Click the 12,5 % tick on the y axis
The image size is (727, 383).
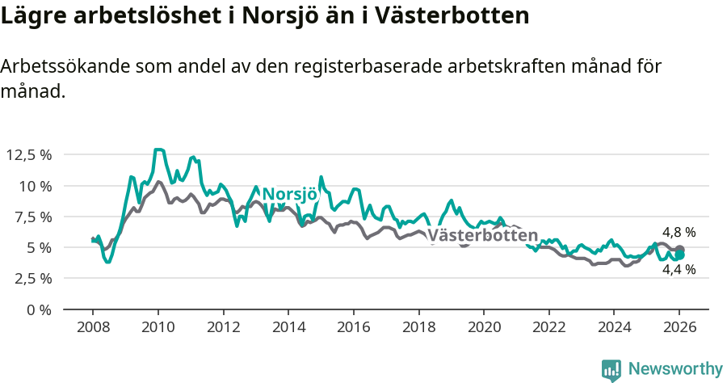pyautogui.click(x=28, y=154)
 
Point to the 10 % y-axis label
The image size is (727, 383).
pyautogui.click(x=34, y=186)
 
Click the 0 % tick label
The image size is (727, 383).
pyautogui.click(x=40, y=309)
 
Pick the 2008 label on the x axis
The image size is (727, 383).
pyautogui.click(x=92, y=328)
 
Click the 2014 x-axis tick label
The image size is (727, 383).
pyautogui.click(x=288, y=328)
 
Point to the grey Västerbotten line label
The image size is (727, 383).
pyautogui.click(x=482, y=236)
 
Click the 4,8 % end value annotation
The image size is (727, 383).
pyautogui.click(x=679, y=233)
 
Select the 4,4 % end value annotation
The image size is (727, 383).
pyautogui.click(x=679, y=270)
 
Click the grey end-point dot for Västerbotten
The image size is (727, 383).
pyautogui.click(x=680, y=250)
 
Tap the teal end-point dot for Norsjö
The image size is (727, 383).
pyautogui.click(x=680, y=255)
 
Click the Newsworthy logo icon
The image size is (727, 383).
pyautogui.click(x=611, y=370)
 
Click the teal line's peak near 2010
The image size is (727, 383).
pyautogui.click(x=159, y=149)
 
